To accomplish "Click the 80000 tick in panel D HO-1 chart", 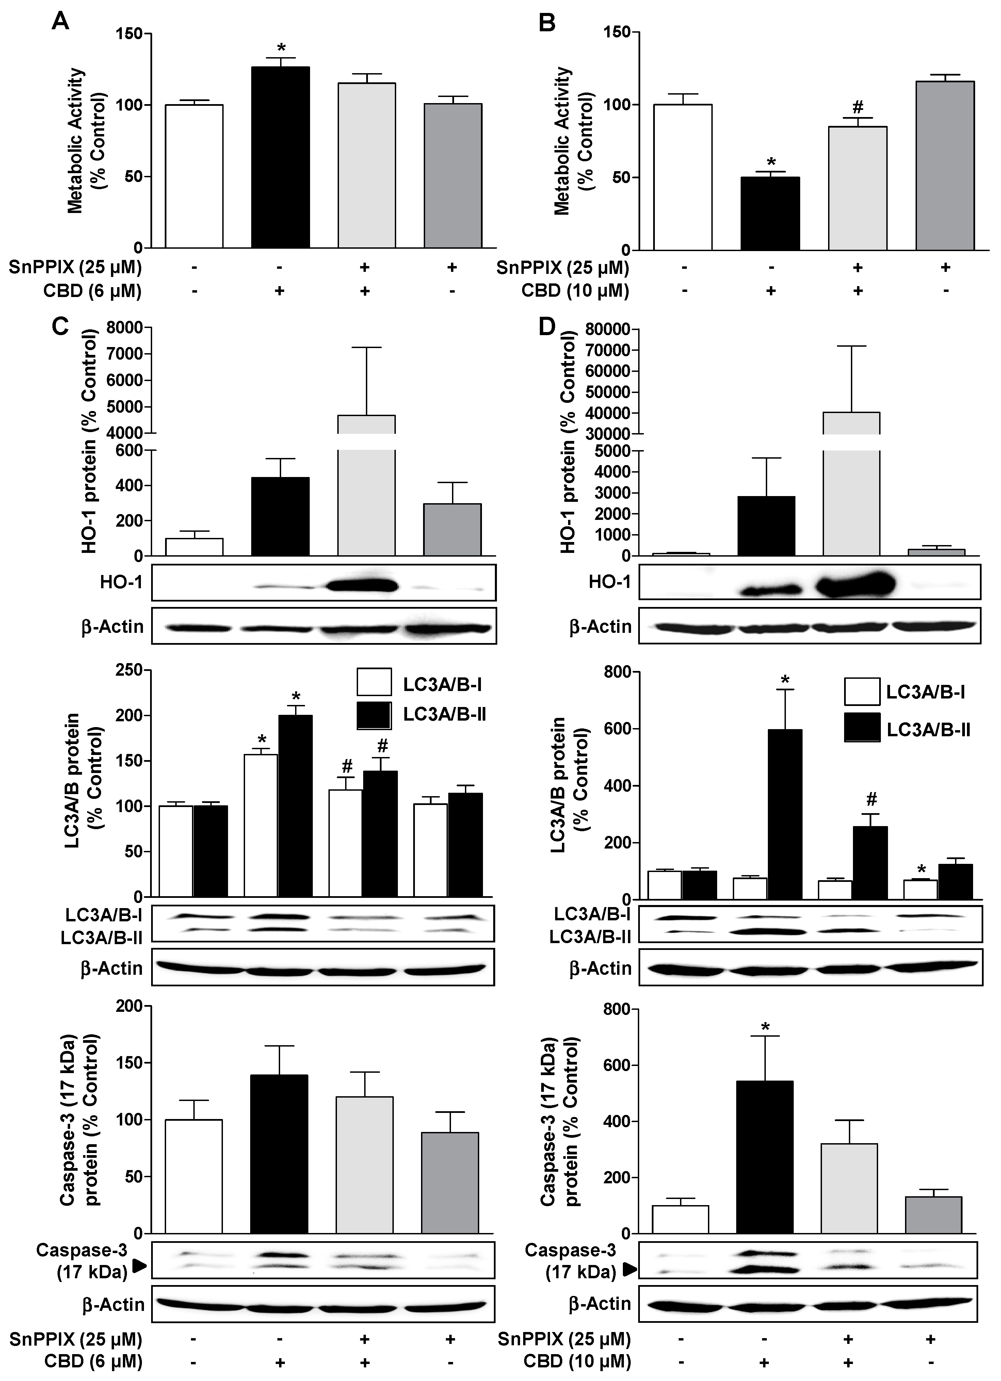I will pyautogui.click(x=607, y=329).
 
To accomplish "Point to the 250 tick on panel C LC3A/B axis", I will pyautogui.click(x=129, y=670).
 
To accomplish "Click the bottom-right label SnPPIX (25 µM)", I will pyautogui.click(x=564, y=1339).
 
